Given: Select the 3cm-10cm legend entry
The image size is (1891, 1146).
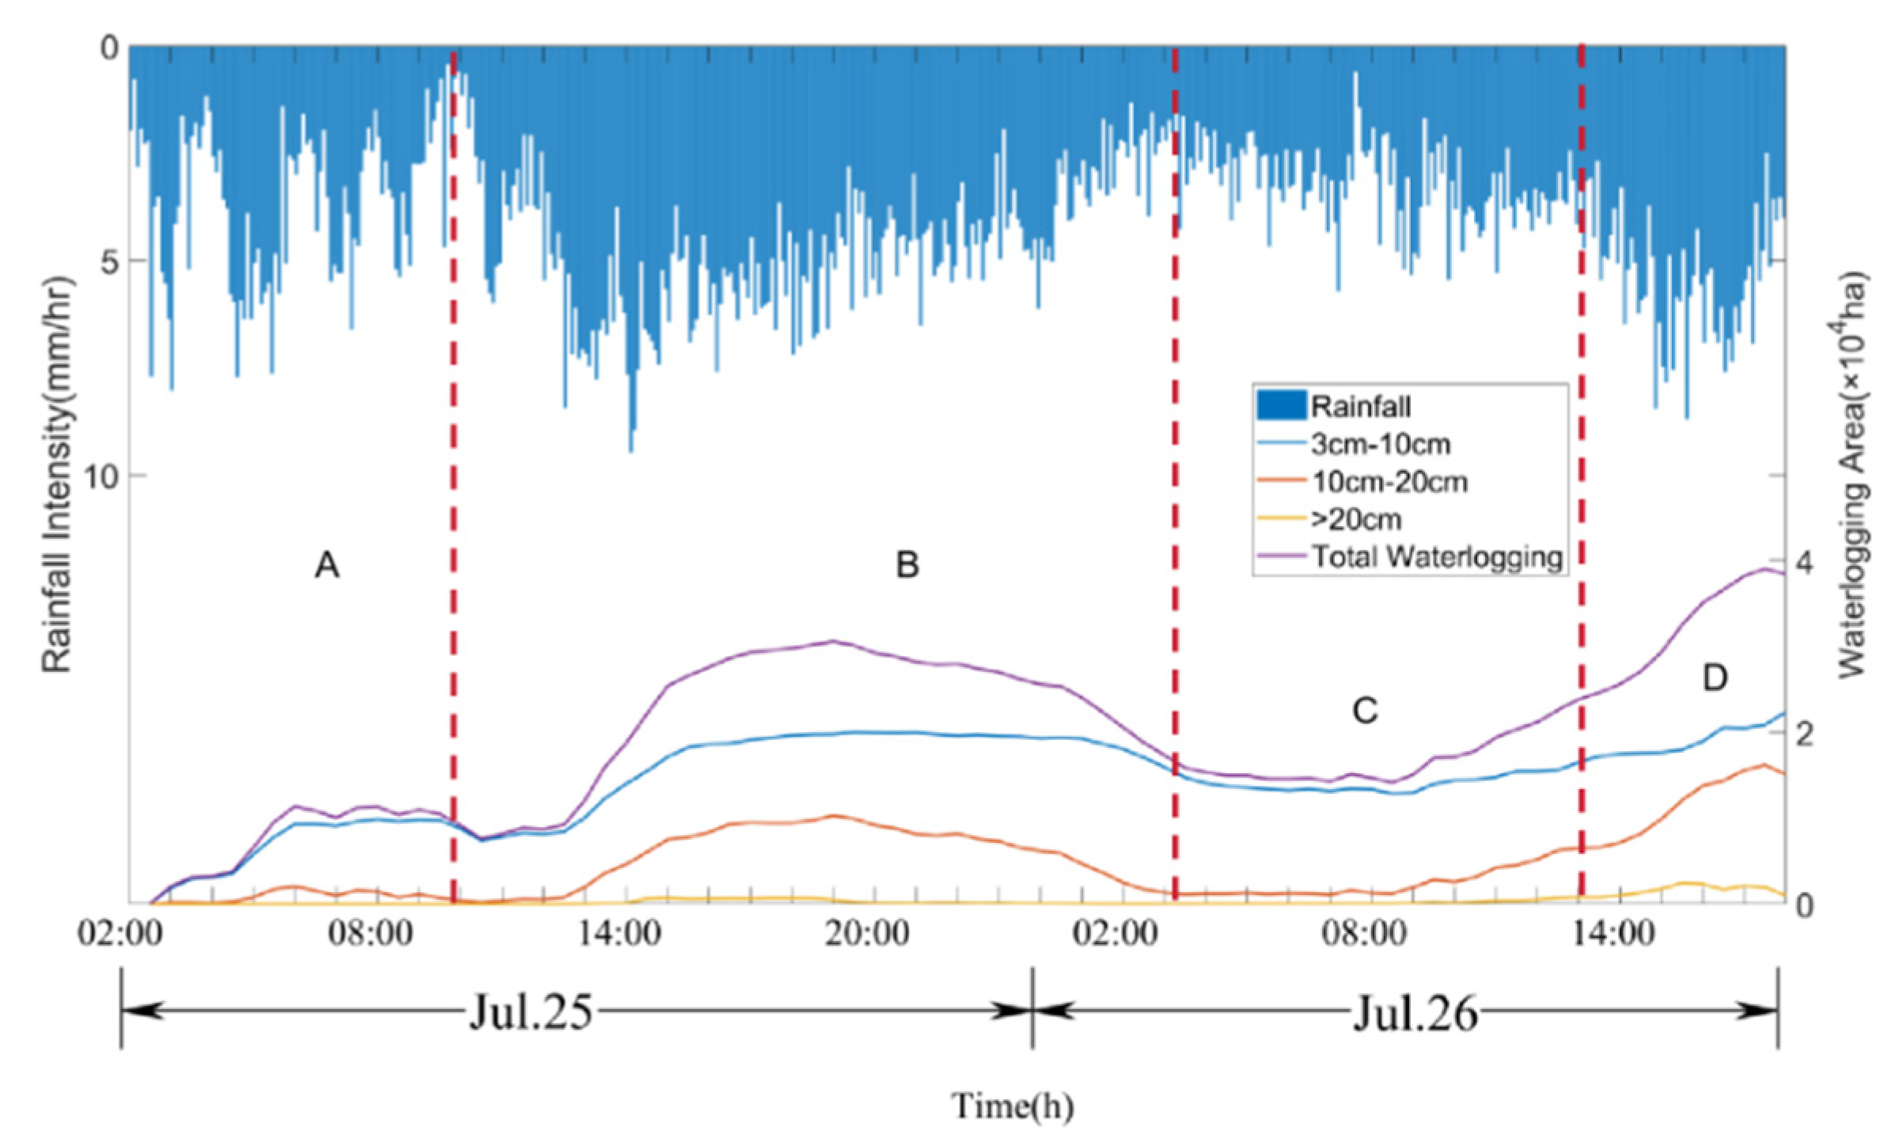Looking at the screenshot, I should click(x=1380, y=444).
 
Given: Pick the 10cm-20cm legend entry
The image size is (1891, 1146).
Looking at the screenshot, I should click(x=1389, y=482).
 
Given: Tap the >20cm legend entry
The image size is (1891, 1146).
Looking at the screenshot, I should click(x=1356, y=519).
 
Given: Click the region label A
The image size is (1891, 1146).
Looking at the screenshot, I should click(x=327, y=565).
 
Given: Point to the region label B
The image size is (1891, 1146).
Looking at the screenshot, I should click(x=907, y=565).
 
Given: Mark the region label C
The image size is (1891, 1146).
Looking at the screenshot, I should click(x=1365, y=711).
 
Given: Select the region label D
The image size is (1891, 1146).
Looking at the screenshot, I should click(x=1715, y=677).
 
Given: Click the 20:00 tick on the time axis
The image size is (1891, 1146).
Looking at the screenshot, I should click(x=867, y=934).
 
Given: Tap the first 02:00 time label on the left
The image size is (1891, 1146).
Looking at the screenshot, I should click(x=120, y=934).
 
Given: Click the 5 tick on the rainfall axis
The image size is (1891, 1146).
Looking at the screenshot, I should click(x=110, y=261).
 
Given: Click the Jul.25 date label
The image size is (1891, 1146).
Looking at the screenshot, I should click(x=530, y=1012).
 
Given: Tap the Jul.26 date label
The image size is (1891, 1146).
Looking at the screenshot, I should click(x=1415, y=1012).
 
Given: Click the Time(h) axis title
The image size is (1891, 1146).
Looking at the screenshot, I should click(x=1012, y=1106).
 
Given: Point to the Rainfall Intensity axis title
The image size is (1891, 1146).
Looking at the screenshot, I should click(x=57, y=475).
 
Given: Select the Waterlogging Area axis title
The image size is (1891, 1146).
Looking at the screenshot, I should click(x=1851, y=475).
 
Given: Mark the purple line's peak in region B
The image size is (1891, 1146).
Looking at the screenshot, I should click(x=832, y=641).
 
